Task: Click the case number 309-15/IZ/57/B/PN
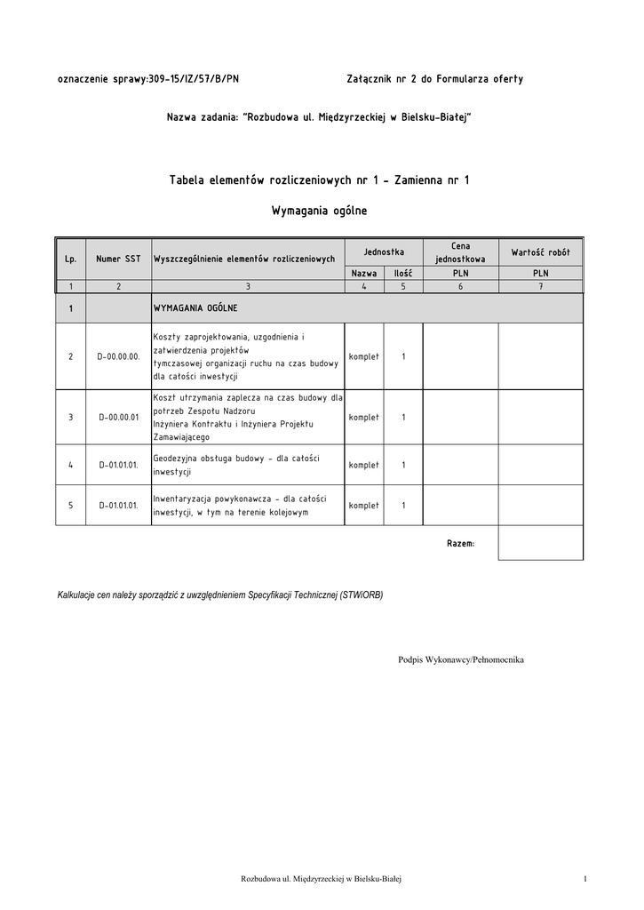(x=194, y=79)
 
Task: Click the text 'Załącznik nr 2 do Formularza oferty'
(x=434, y=79)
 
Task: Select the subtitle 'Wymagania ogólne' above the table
(x=319, y=212)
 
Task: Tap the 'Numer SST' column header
(x=118, y=259)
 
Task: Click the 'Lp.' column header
(x=70, y=259)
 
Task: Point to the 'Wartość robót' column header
(x=540, y=252)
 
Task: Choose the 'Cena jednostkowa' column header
(x=460, y=252)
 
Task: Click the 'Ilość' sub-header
(x=403, y=275)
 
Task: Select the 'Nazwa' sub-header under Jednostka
(x=364, y=275)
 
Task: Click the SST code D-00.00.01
(x=118, y=417)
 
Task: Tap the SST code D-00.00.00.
(x=118, y=356)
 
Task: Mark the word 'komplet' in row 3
(x=364, y=417)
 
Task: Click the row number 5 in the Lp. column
(x=70, y=506)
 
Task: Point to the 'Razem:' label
(x=460, y=542)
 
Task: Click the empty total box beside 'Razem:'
(x=540, y=542)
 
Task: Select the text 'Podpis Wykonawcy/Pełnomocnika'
(x=461, y=659)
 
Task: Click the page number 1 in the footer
(x=586, y=879)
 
